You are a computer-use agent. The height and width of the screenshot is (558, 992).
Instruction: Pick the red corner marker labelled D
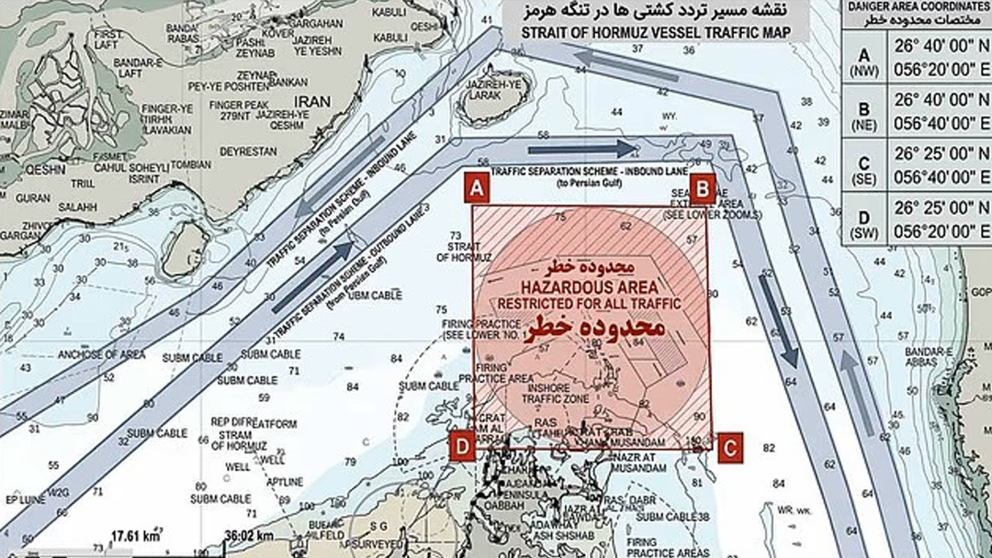(x=464, y=447)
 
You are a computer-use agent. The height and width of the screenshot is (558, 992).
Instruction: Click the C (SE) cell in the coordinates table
(x=864, y=166)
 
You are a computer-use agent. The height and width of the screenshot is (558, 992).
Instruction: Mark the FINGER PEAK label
(x=238, y=105)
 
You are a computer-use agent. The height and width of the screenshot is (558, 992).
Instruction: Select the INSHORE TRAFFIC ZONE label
(x=549, y=395)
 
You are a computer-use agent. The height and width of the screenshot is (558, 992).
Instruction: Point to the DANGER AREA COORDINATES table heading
(x=917, y=12)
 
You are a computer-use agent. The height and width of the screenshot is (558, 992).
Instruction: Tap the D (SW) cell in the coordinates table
(x=864, y=220)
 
